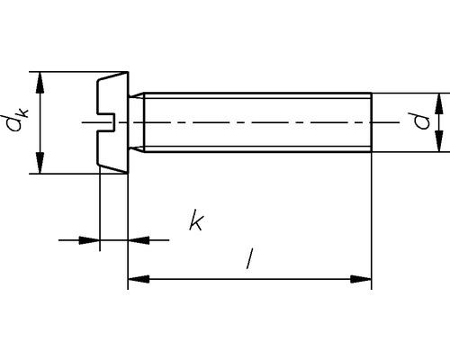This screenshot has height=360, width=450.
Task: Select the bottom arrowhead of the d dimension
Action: click(x=438, y=145)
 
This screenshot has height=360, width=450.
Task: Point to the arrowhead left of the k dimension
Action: click(x=90, y=240)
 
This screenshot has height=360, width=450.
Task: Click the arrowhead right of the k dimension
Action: click(x=136, y=240)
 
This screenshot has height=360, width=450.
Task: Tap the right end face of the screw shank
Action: click(x=371, y=122)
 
